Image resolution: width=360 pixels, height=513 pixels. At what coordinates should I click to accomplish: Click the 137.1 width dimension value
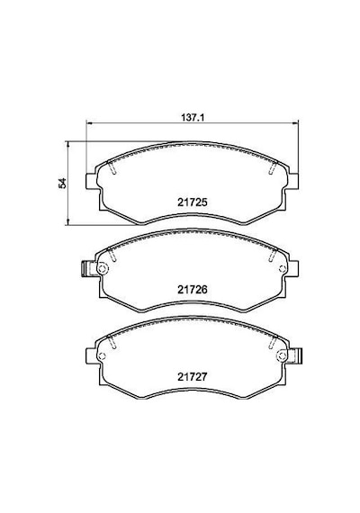coord(193,117)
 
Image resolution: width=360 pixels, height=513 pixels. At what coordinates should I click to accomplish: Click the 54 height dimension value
coord(62,184)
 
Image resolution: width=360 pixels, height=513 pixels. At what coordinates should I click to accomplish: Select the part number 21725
coord(193,202)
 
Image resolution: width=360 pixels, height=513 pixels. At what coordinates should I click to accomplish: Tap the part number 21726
coord(193,289)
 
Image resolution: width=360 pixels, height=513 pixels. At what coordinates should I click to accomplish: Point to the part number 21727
coord(193,376)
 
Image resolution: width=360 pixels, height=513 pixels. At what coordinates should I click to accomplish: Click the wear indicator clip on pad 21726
coord(85,268)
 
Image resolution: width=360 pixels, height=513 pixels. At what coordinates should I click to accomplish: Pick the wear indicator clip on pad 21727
coord(298,355)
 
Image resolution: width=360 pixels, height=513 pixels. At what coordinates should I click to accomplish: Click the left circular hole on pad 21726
coord(103,268)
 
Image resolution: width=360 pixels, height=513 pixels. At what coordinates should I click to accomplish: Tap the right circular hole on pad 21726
coord(283,268)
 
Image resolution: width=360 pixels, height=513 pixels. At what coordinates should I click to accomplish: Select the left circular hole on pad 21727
coord(102,356)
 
